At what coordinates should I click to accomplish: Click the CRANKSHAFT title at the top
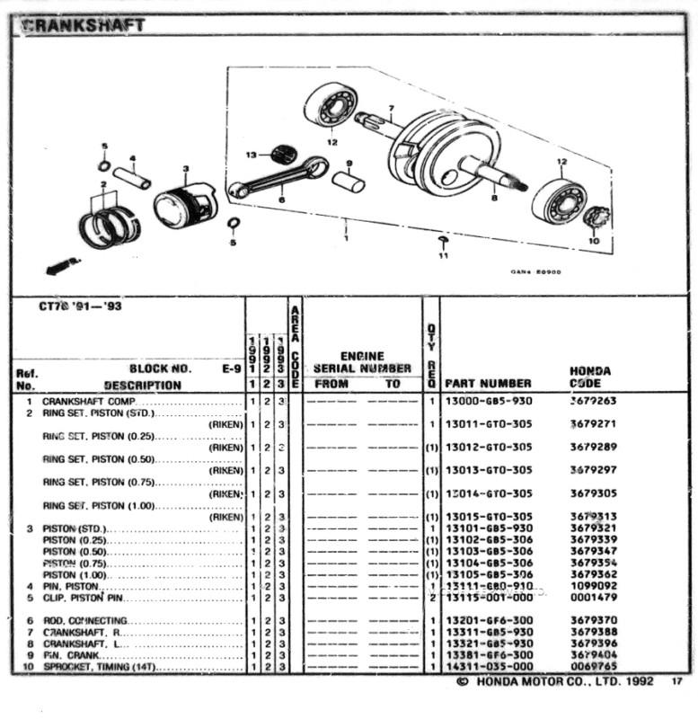pyautogui.click(x=83, y=25)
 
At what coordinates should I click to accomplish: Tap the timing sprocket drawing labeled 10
pyautogui.click(x=596, y=217)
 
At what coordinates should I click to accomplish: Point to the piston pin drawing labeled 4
pyautogui.click(x=132, y=177)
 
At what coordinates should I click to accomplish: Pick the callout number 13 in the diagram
pyautogui.click(x=251, y=155)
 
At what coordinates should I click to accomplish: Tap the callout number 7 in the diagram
pyautogui.click(x=391, y=109)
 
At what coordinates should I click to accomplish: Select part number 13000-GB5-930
pyautogui.click(x=488, y=401)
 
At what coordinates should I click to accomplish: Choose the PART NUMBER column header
pyautogui.click(x=488, y=384)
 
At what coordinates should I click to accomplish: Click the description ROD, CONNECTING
pyautogui.click(x=84, y=621)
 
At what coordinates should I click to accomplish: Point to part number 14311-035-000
pyautogui.click(x=488, y=667)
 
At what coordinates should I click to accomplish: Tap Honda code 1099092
pyautogui.click(x=591, y=586)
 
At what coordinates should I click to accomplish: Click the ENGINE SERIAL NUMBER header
pyautogui.click(x=362, y=362)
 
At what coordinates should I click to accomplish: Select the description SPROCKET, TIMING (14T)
pyautogui.click(x=99, y=667)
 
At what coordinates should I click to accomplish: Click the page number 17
pyautogui.click(x=676, y=683)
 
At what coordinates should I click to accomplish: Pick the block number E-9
pyautogui.click(x=230, y=368)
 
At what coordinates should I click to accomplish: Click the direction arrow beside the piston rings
pyautogui.click(x=62, y=266)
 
